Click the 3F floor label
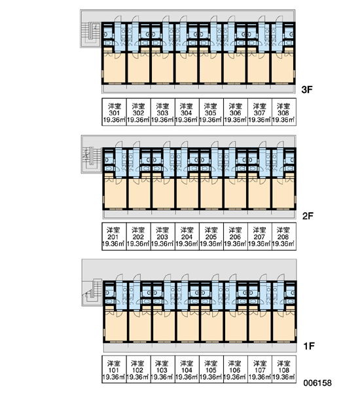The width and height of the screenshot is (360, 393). click(307, 90)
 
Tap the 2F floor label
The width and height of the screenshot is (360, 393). click(308, 215)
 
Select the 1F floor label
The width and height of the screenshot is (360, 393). click(309, 346)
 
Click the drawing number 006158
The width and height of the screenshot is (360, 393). click(317, 383)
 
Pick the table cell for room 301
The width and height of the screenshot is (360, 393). click(114, 112)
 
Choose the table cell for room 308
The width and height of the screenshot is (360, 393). click(284, 112)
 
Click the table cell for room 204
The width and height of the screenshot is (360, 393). click(187, 236)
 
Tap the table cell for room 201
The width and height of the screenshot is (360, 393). click(114, 236)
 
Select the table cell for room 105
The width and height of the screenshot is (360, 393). click(211, 369)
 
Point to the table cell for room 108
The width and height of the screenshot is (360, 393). click(284, 369)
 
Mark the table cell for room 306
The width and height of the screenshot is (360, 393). click(235, 112)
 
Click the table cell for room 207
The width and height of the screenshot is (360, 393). click(260, 236)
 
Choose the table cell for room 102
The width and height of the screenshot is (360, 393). click(138, 369)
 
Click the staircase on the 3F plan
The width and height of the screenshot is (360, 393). click(91, 34)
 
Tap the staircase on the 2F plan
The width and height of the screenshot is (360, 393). click(92, 160)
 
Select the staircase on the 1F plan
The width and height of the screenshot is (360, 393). click(92, 293)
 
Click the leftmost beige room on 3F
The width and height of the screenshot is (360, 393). click(115, 67)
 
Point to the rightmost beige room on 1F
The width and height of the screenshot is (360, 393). click(284, 326)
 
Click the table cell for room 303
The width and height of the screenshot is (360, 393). click(162, 112)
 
